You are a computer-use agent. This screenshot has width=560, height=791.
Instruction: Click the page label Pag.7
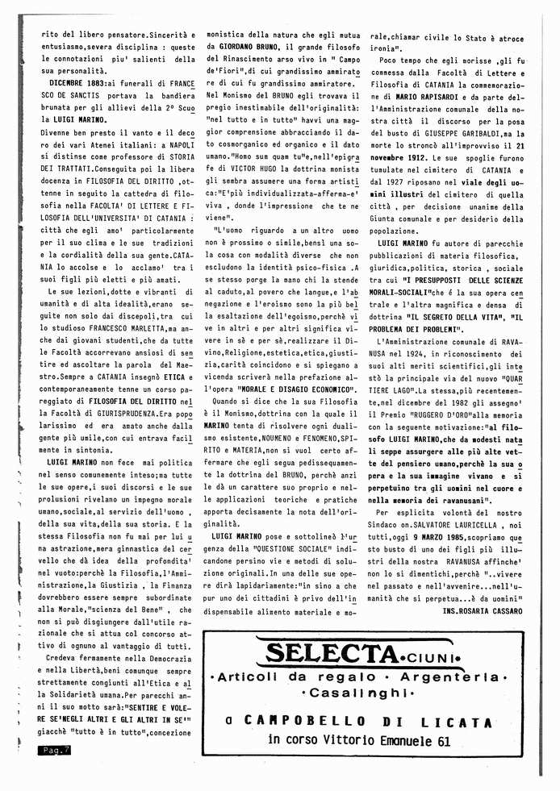point(55,751)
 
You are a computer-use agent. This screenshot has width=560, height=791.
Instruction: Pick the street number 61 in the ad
point(441,740)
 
